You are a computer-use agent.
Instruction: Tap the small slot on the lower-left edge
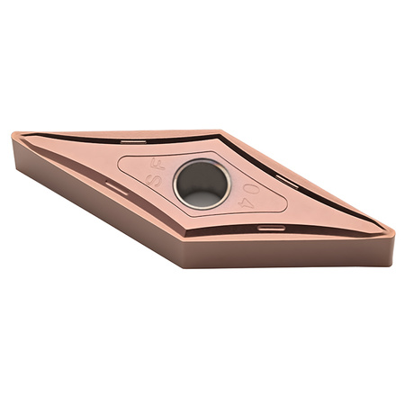click(114, 186)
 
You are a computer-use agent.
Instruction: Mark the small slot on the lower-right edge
click(267, 227)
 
